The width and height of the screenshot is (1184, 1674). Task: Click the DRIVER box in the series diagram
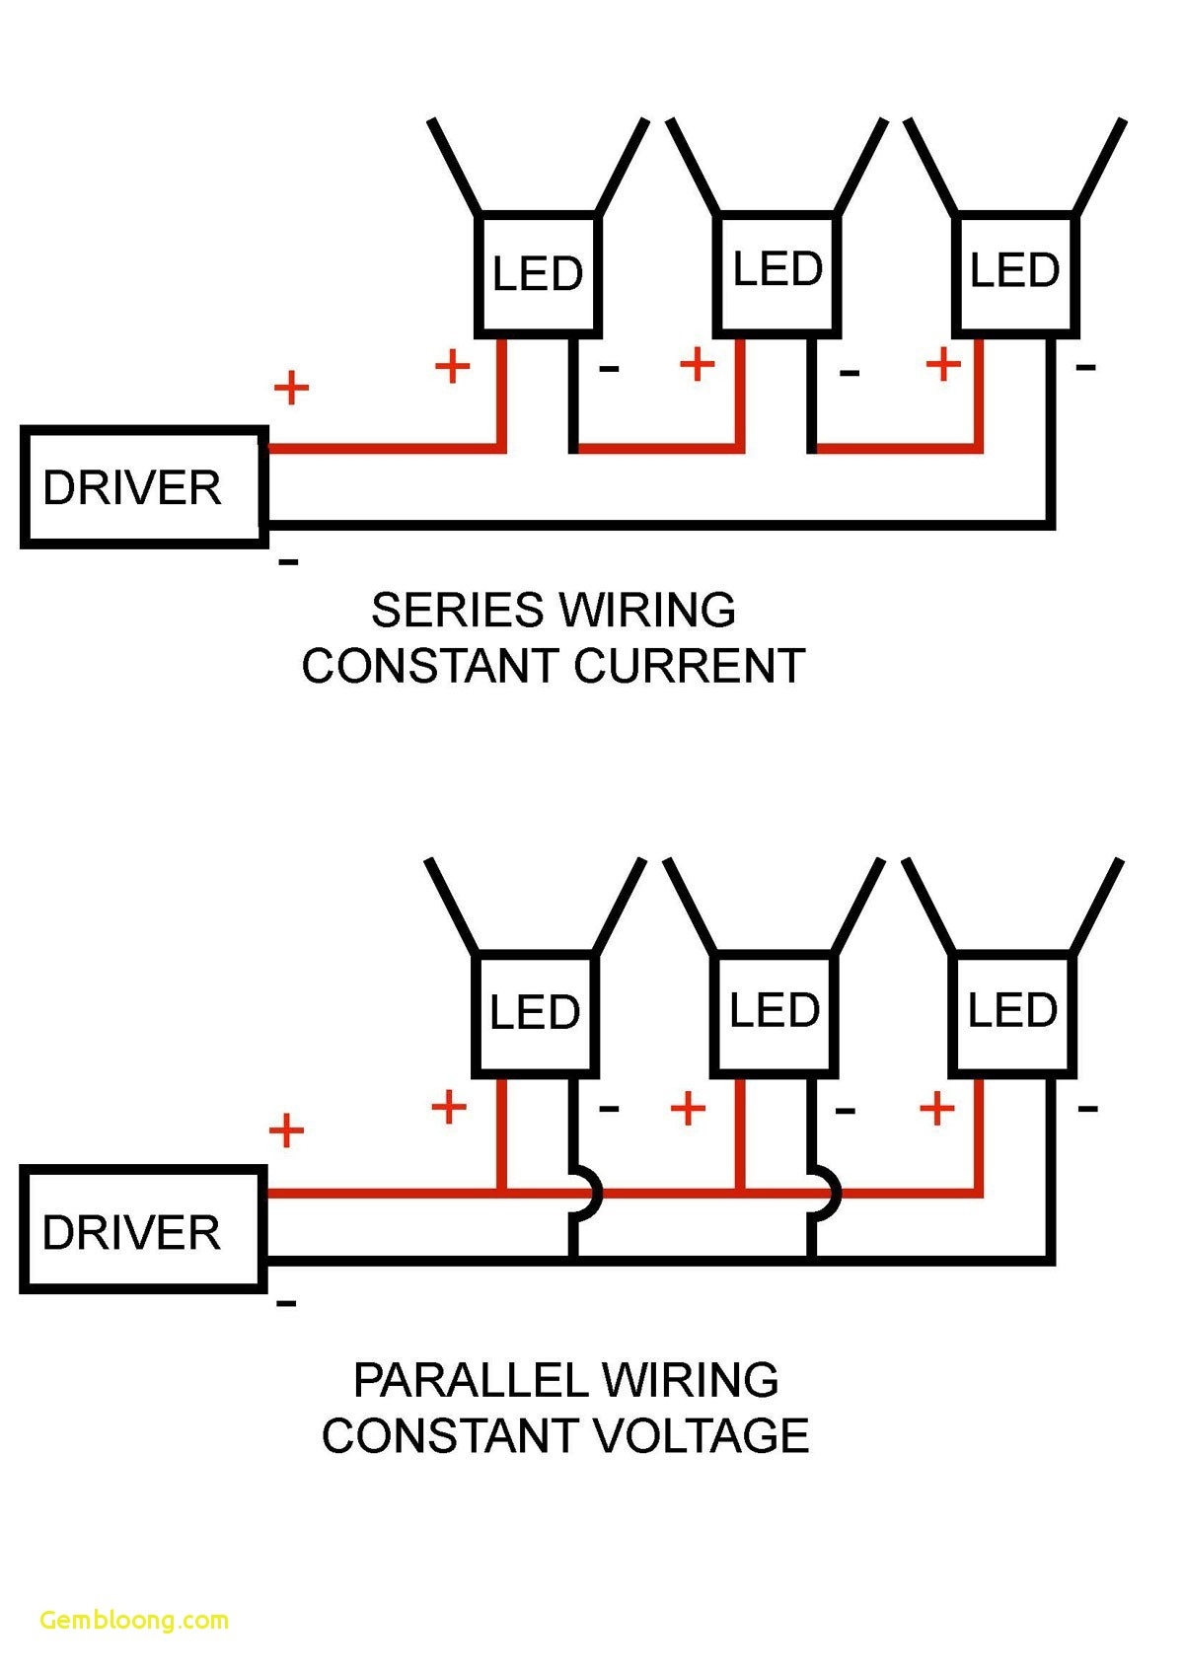(x=144, y=487)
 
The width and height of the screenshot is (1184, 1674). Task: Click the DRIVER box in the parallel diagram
(x=144, y=1230)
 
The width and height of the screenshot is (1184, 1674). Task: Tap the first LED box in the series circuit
(x=539, y=274)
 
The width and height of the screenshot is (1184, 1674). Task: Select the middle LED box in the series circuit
(x=777, y=271)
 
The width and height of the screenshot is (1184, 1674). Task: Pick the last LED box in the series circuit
(x=1015, y=271)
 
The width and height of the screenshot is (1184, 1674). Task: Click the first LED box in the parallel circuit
(x=536, y=1013)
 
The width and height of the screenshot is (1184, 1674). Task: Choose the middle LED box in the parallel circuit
(x=775, y=1011)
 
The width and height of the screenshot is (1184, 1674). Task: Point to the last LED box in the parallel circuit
(x=1012, y=1011)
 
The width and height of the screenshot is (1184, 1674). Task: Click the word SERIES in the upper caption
(x=456, y=610)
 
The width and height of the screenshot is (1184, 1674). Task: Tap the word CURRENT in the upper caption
(x=691, y=666)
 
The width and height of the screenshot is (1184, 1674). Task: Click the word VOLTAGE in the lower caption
(x=702, y=1435)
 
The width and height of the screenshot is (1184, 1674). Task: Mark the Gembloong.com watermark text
(x=134, y=1620)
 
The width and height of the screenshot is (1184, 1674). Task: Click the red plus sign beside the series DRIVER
(x=291, y=388)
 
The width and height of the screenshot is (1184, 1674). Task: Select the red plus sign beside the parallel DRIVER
(x=286, y=1130)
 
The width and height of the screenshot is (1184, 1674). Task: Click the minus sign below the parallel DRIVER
(x=286, y=1304)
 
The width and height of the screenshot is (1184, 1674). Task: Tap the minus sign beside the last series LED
(x=1085, y=368)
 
